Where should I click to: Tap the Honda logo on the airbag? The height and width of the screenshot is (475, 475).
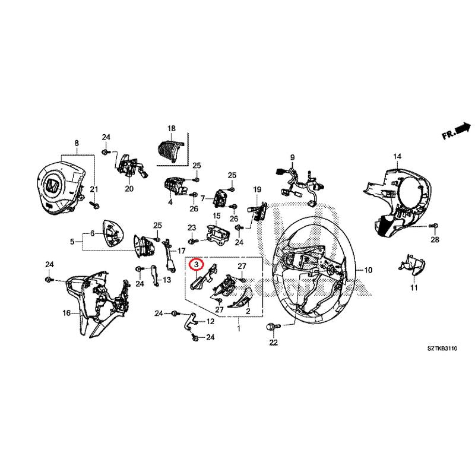coord(52,186)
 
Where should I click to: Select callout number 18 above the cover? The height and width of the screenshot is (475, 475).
coord(172,128)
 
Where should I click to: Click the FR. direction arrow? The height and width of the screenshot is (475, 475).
coord(456,129)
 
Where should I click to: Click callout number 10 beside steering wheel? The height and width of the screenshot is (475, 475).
coord(368,270)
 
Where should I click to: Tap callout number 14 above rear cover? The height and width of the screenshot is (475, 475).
coord(397,156)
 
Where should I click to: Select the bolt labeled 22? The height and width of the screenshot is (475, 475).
coord(273,327)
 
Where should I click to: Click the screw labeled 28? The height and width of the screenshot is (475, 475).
coord(433,226)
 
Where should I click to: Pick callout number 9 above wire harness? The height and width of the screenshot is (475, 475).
coord(292,157)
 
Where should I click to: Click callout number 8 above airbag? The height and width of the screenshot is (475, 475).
coord(77,143)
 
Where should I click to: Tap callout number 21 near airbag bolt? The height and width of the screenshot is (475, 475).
coord(93,189)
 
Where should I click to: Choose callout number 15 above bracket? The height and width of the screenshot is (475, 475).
coord(217,216)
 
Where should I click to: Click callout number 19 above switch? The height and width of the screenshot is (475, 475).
coord(257,189)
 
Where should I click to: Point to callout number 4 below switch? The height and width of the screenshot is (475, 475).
coord(170,202)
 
